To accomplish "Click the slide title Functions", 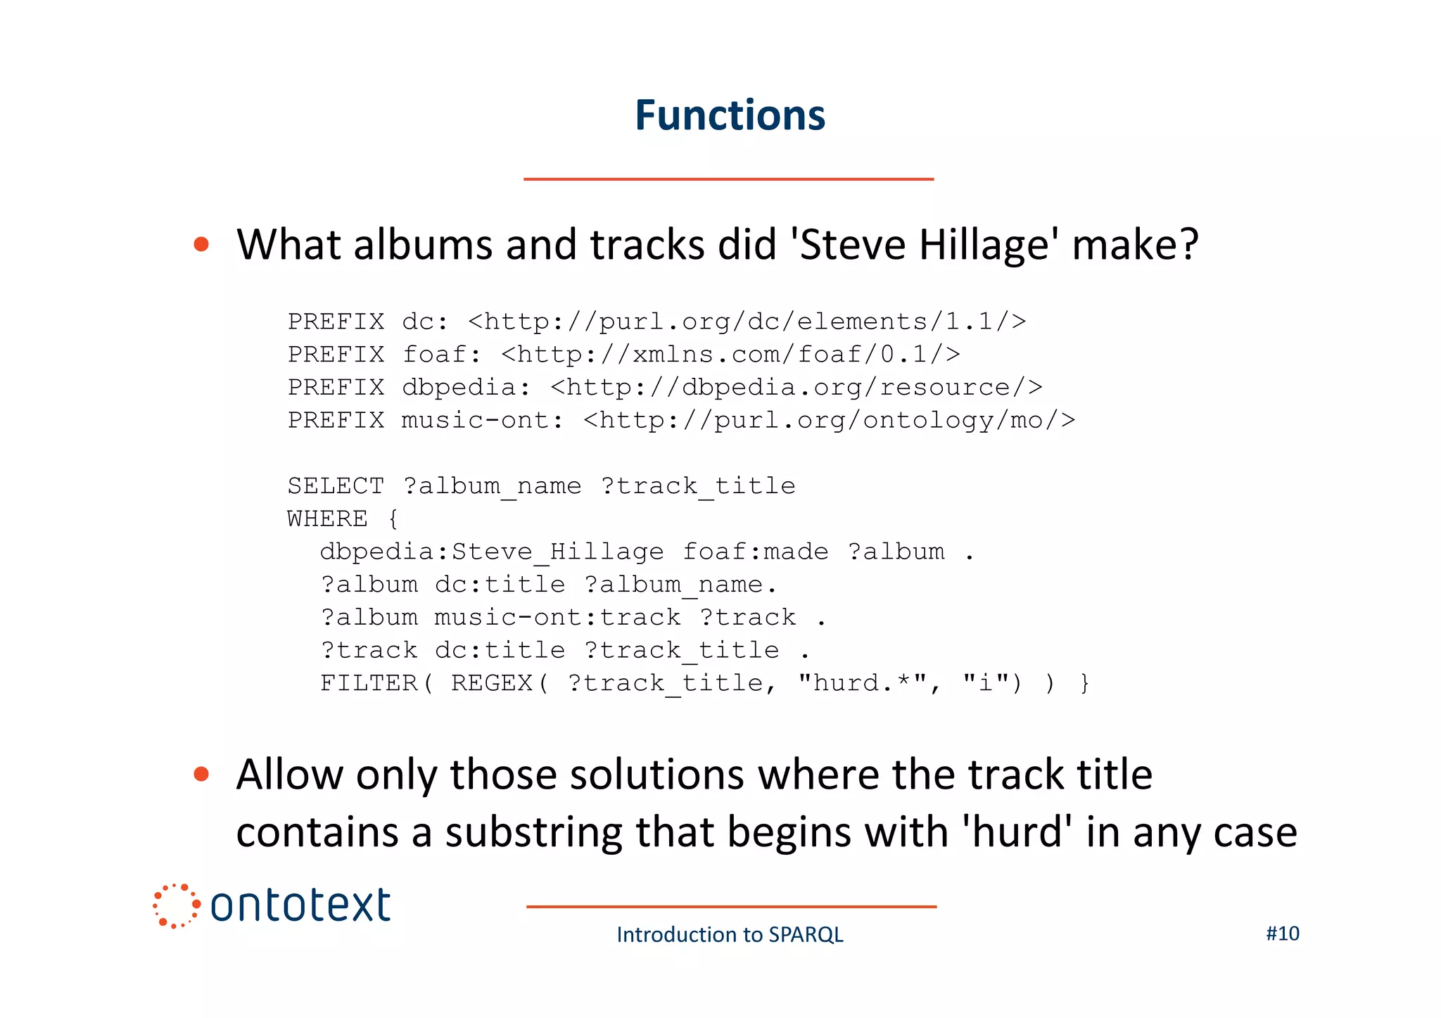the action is click(730, 115).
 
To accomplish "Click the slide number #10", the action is click(1282, 934).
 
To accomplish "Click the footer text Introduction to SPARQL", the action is click(730, 934).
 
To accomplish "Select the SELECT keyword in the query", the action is click(336, 486).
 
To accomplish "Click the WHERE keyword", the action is click(327, 519).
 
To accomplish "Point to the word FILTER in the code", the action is click(369, 683).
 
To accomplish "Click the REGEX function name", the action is click(491, 683).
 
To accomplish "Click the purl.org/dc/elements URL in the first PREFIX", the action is click(747, 322).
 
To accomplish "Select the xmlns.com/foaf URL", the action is click(730, 355).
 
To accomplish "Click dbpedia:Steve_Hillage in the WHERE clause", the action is click(491, 552).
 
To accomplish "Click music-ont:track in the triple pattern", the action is click(557, 618).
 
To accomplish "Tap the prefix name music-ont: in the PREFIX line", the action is click(482, 421).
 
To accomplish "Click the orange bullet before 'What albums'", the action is click(201, 244).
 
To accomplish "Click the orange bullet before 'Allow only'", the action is click(201, 775).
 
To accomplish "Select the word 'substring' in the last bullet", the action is click(533, 832).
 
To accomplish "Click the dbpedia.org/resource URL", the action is click(796, 388).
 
